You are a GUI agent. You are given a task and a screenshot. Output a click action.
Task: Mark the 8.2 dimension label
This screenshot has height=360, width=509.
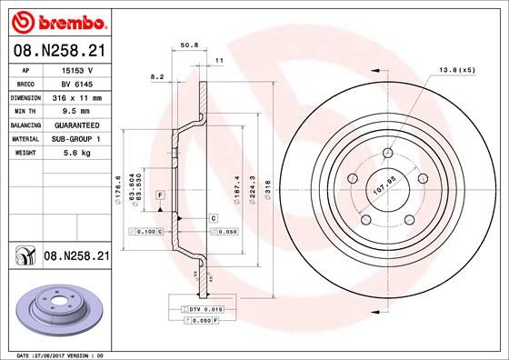155,79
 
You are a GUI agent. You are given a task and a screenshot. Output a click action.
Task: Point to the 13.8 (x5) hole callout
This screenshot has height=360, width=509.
457,69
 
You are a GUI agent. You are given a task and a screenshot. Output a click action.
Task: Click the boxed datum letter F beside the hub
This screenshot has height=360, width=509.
159,195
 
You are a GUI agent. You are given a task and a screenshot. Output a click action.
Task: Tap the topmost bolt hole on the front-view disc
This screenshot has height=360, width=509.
388,152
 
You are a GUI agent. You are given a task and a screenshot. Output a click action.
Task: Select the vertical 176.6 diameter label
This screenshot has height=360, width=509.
119,189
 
